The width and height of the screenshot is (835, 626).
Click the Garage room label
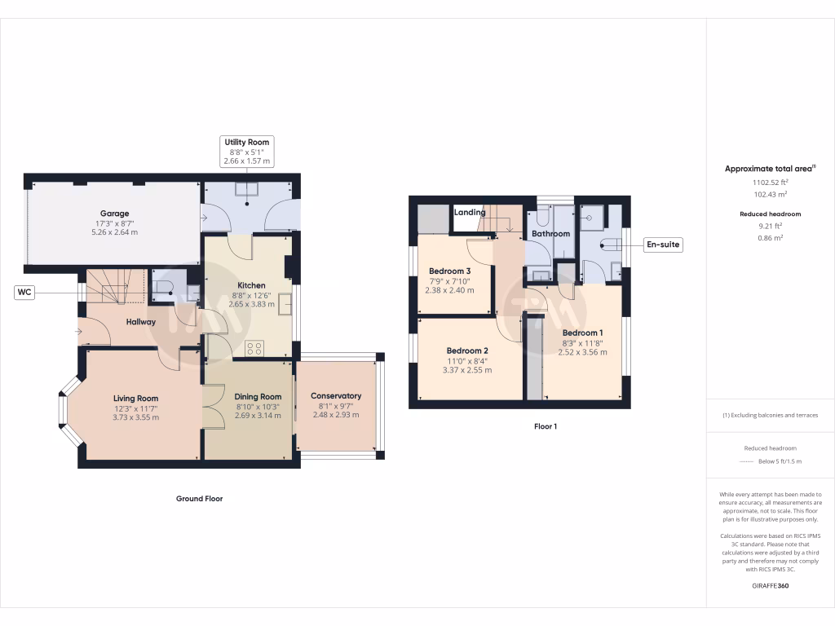[x=115, y=214]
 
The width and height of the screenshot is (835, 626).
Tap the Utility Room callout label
[x=247, y=142]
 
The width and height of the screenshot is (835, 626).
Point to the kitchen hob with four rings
[x=254, y=348]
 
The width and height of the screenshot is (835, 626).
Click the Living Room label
[x=135, y=399]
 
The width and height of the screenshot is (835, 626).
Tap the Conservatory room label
[x=336, y=396]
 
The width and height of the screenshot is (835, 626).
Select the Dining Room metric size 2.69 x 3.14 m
[x=258, y=416]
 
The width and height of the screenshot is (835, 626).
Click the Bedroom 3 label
[x=449, y=271]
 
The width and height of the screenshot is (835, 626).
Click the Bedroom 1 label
[x=582, y=333]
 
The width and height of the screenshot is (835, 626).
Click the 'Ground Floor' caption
[x=199, y=498]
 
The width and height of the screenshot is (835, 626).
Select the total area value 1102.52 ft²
[x=770, y=183]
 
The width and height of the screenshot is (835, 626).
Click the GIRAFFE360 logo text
[x=771, y=585]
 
